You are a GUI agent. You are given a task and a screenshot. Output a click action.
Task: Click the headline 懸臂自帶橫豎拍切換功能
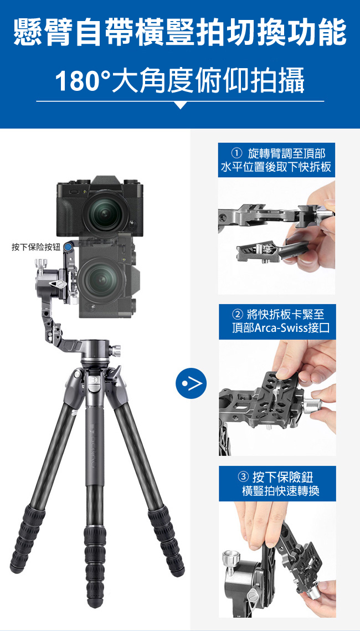(x=180, y=33)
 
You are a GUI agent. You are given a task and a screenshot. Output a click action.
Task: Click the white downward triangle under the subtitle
(x=181, y=105)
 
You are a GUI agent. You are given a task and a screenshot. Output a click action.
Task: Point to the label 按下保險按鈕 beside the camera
(x=35, y=247)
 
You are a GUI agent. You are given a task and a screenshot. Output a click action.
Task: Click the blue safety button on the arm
(x=69, y=246)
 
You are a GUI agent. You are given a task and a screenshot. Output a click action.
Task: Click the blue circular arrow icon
(x=191, y=383)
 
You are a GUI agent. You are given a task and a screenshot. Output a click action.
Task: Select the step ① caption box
(x=276, y=160)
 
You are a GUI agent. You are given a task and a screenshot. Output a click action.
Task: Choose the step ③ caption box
(x=277, y=483)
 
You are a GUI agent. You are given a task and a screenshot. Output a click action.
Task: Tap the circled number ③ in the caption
(x=243, y=478)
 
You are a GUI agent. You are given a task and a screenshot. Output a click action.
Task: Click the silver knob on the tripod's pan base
(x=116, y=351)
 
